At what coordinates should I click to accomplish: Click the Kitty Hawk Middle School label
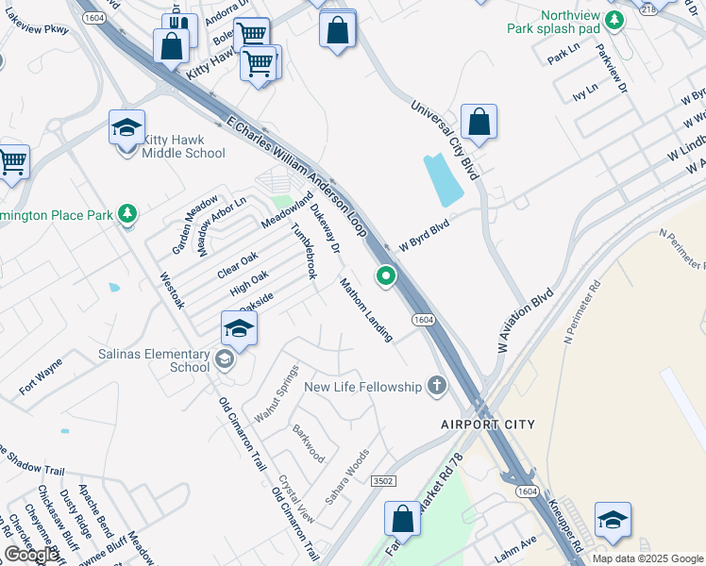point(184,145)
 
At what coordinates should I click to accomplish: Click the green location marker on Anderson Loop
point(385,276)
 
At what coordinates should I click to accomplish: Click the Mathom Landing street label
point(366,309)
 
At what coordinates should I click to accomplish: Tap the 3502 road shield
point(383,480)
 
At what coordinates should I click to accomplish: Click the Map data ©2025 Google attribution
point(647,558)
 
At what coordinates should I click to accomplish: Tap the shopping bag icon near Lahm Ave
point(402,520)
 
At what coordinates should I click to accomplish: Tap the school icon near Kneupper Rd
point(613,521)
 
